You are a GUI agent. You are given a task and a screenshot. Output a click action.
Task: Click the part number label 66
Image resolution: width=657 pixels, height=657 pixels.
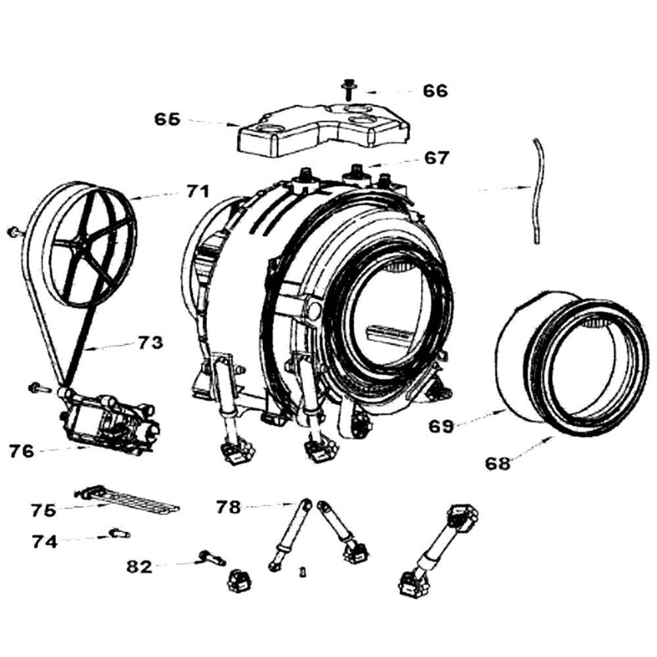[435, 91]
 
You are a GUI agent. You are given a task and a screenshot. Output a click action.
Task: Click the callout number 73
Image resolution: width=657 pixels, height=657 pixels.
[150, 343]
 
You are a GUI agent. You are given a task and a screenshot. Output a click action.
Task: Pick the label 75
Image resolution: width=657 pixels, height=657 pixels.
[43, 509]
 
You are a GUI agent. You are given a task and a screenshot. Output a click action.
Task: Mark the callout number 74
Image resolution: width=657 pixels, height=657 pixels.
[45, 541]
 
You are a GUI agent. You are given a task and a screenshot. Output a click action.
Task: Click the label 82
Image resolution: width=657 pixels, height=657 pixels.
[139, 566]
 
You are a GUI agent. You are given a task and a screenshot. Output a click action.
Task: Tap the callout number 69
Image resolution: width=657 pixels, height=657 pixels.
[442, 426]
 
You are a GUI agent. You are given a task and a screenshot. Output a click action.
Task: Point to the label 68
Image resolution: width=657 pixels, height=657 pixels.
[497, 464]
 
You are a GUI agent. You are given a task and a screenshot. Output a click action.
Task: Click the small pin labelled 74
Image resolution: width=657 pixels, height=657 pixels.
[120, 533]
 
